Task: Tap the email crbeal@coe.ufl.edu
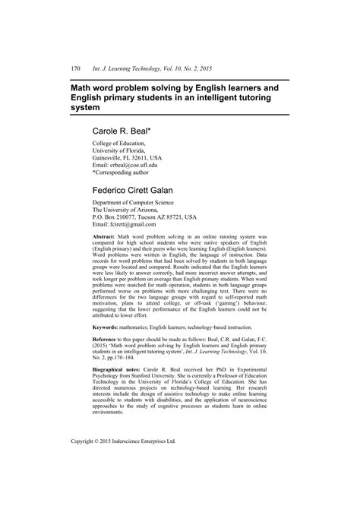coord(130,165)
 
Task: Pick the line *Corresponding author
coord(128,172)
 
